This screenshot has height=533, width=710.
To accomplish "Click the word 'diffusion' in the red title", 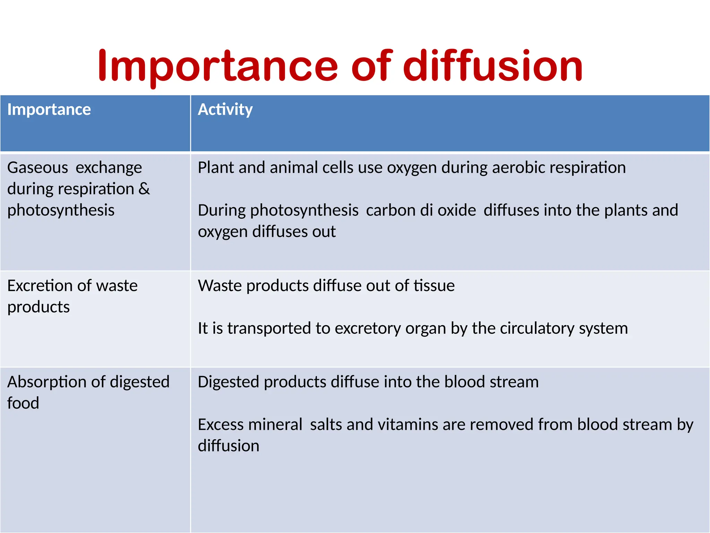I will click(493, 66).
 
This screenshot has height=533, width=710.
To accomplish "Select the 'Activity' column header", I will click(225, 110).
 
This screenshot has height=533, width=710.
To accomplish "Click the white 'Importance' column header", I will click(49, 110).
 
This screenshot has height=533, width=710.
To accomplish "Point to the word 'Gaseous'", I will click(37, 168).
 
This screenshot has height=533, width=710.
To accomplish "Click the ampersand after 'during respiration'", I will click(144, 189).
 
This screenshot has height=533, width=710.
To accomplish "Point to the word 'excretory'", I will click(368, 329).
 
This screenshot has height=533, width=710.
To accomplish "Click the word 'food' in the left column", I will click(23, 403).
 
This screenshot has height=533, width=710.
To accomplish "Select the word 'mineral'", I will click(276, 425).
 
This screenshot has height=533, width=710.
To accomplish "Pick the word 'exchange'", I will click(109, 168).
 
